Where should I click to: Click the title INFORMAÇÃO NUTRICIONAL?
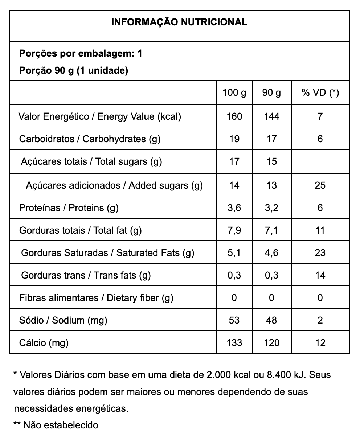tap(179, 22)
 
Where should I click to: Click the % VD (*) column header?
tap(320, 93)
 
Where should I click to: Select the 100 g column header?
tap(234, 93)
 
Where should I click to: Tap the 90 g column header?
tap(271, 93)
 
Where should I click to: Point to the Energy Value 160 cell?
tap(234, 116)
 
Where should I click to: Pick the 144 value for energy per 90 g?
tap(271, 116)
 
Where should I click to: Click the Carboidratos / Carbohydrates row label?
tap(90, 139)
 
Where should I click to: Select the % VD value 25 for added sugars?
tap(320, 185)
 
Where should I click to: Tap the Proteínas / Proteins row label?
tap(69, 208)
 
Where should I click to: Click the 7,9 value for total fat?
tap(234, 230)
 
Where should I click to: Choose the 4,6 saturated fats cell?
tap(271, 253)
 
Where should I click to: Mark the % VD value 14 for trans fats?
tap(320, 275)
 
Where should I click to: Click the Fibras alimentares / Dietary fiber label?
tap(96, 298)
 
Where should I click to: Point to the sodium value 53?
tap(234, 320)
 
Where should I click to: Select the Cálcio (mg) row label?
tap(44, 343)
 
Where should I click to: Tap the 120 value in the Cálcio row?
tap(271, 343)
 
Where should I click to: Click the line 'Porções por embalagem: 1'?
tap(81, 54)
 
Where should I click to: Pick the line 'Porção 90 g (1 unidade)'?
tap(73, 70)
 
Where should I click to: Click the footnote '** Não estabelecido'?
tap(56, 425)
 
